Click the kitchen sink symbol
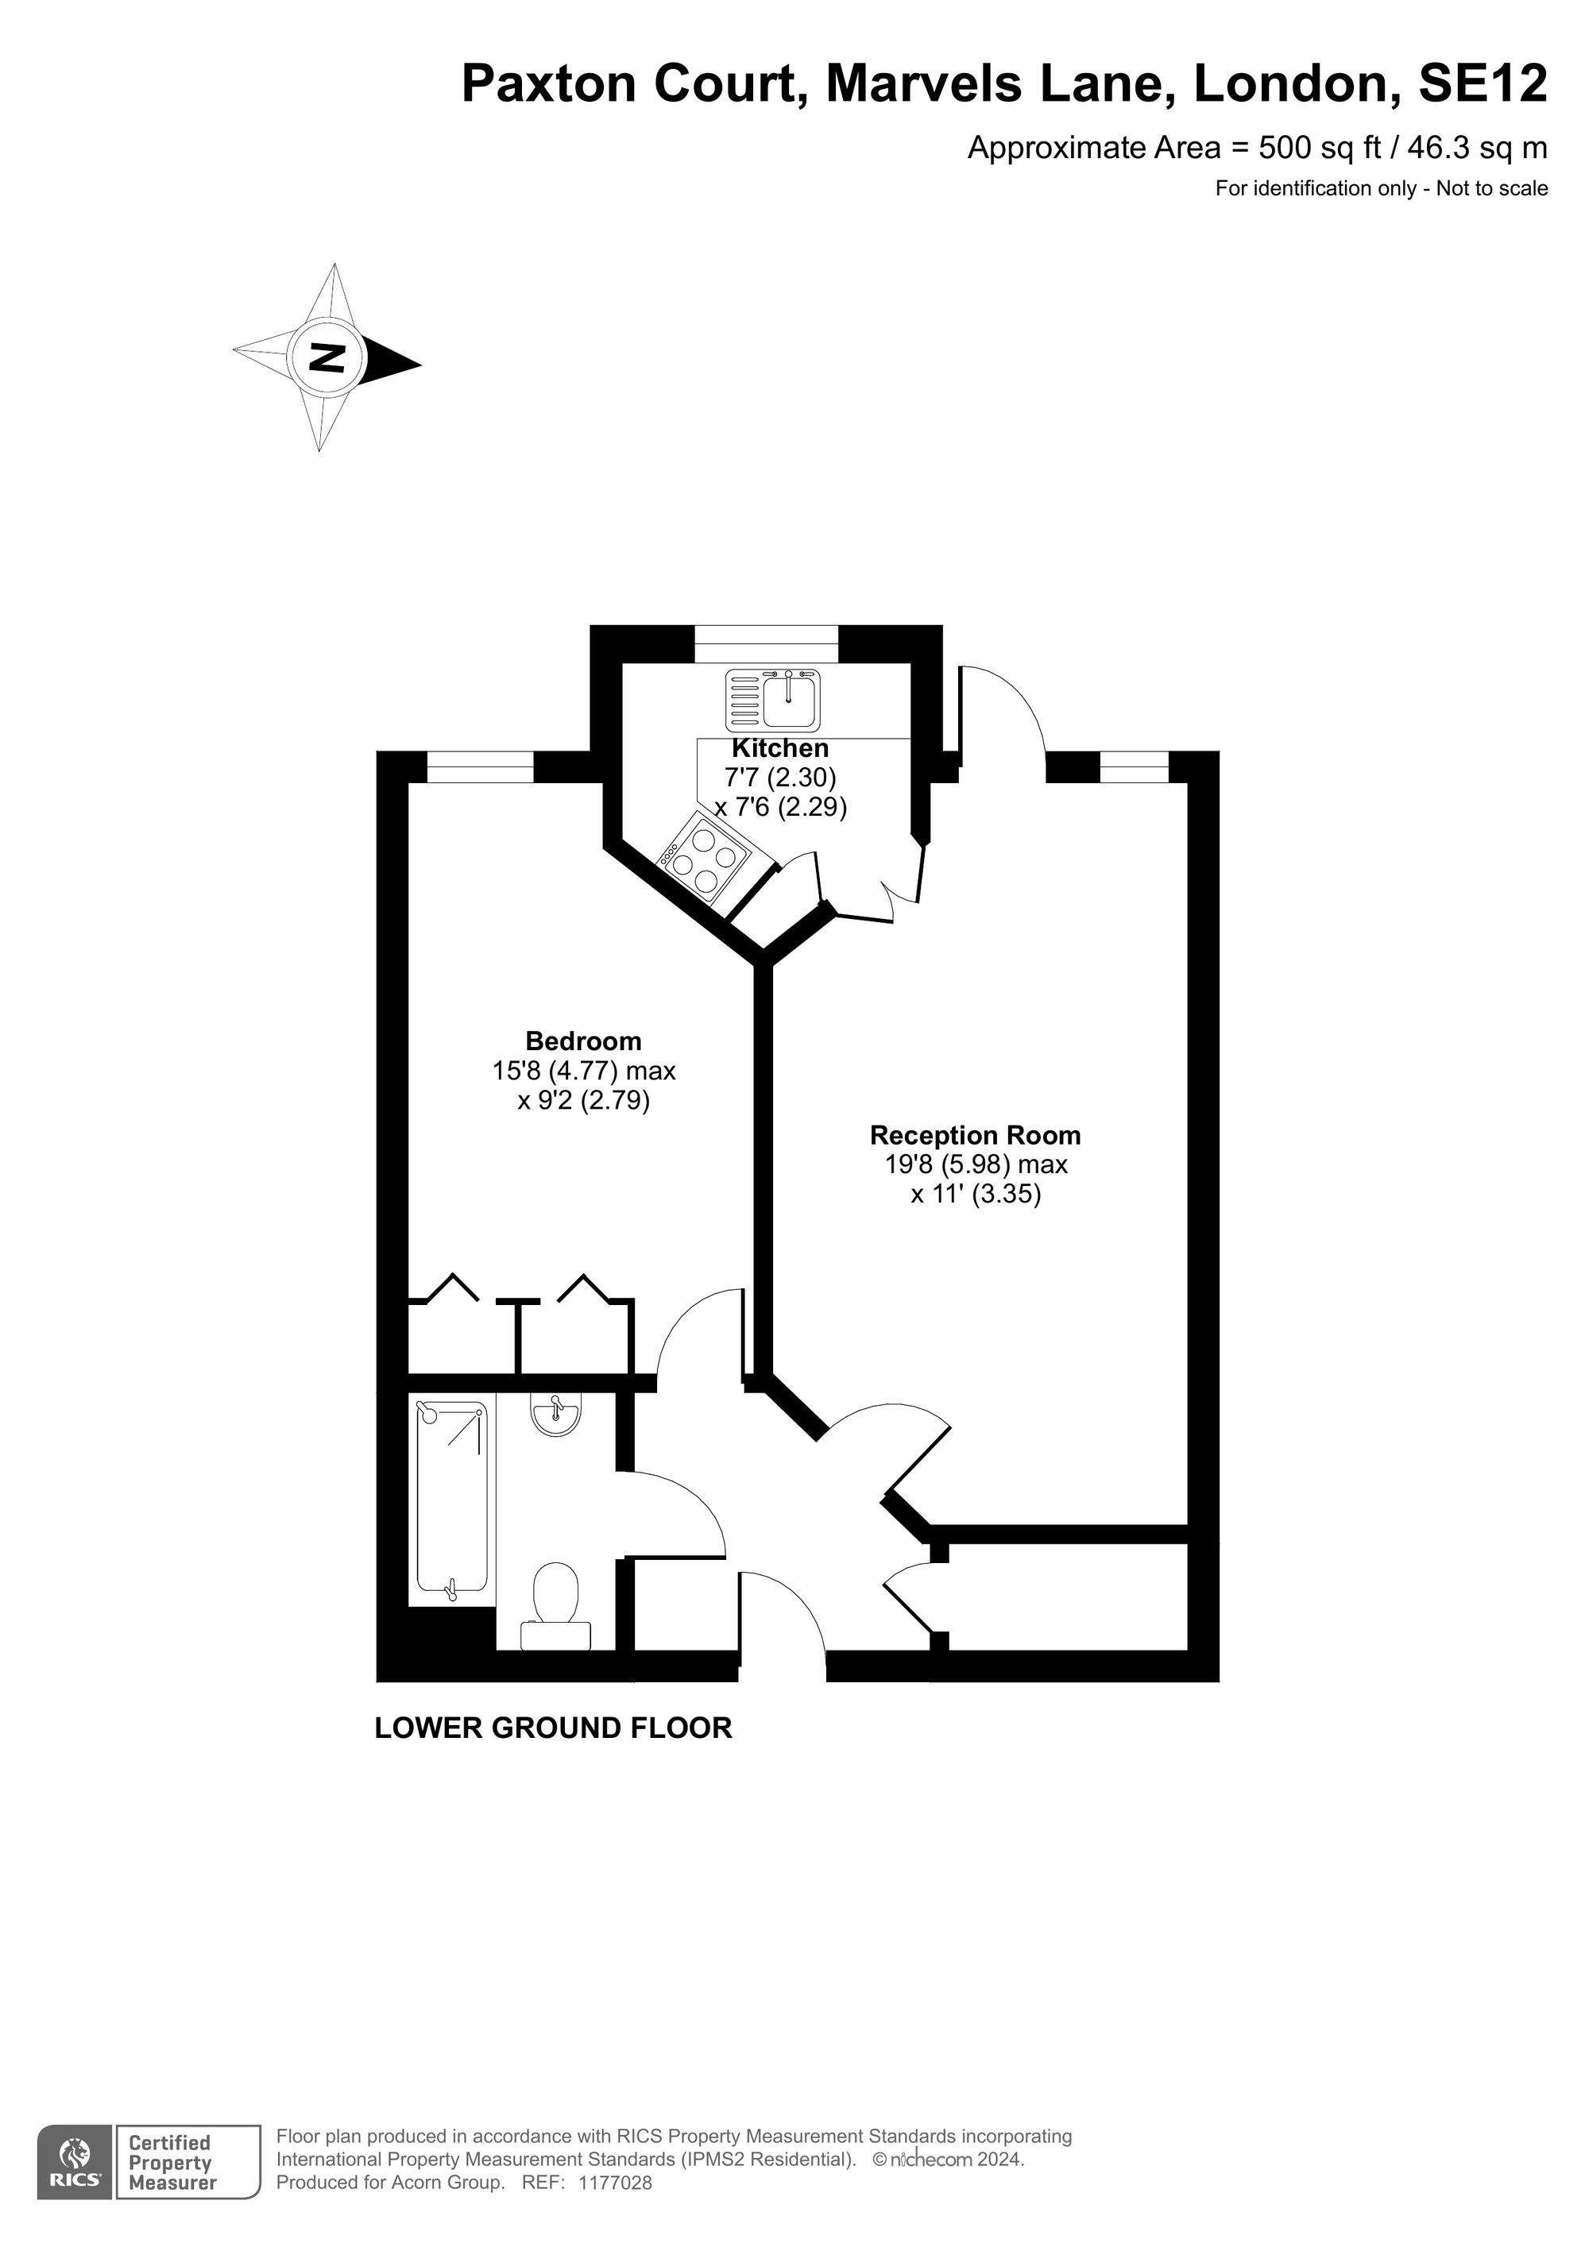tap(774, 700)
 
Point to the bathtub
tap(451, 1497)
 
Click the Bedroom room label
tap(583, 1040)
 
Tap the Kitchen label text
tap(780, 749)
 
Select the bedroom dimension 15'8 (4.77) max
tap(583, 1071)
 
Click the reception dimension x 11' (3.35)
tap(975, 1194)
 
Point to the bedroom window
tap(481, 766)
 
